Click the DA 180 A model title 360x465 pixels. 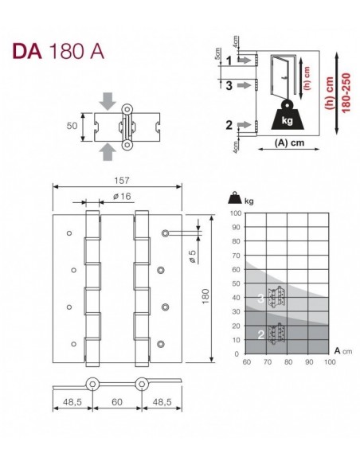click(58, 52)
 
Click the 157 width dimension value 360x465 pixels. click(122, 180)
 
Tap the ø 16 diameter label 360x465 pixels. click(122, 197)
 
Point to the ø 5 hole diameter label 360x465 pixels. click(193, 256)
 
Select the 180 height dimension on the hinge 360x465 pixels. click(205, 296)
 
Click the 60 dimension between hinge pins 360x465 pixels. click(117, 402)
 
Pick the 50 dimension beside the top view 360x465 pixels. click(72, 126)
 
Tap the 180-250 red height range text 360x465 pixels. click(346, 93)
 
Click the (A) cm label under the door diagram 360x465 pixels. click(289, 143)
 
